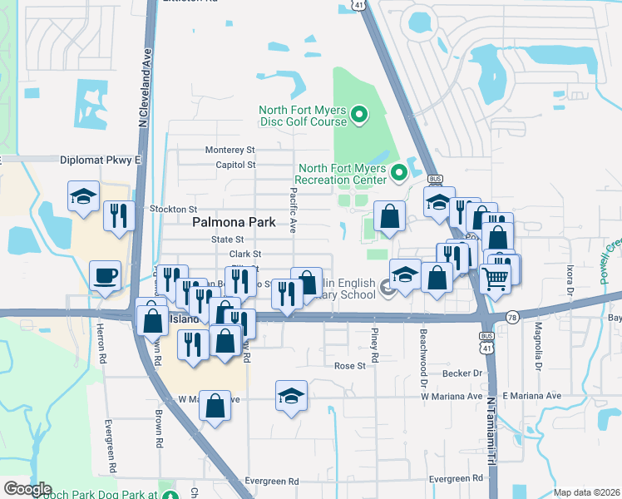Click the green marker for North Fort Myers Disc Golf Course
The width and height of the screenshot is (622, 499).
coord(360,115)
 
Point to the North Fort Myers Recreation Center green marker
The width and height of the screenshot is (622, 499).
coord(397,174)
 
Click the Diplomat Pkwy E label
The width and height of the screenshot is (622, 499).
coord(101,159)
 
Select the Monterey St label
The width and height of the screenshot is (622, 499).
coord(230,151)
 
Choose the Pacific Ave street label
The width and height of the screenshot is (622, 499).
coord(294,209)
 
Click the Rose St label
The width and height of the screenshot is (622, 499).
coord(350,366)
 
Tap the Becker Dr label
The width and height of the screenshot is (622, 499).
coord(466,374)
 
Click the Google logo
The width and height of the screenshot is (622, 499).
coord(27,489)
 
